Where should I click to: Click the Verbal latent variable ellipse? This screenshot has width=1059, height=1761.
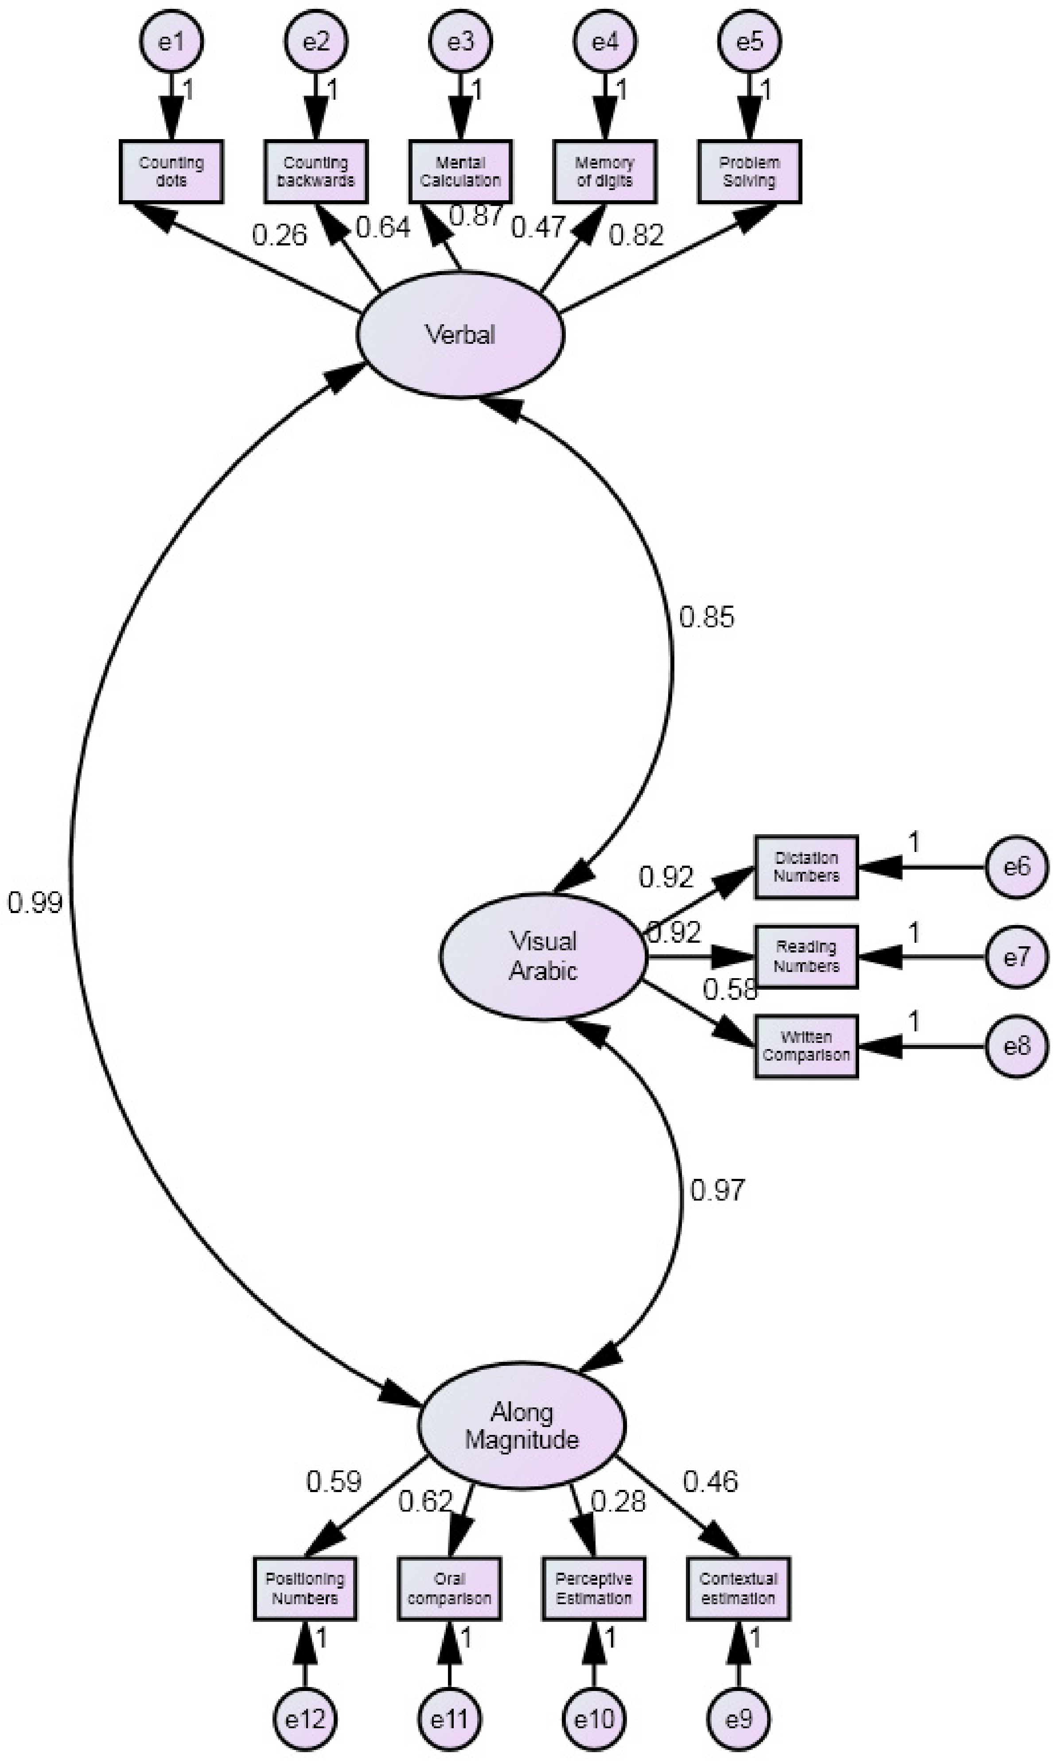(460, 334)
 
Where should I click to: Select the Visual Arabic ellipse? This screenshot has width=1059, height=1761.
(543, 956)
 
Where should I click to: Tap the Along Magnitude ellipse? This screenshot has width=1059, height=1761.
(522, 1426)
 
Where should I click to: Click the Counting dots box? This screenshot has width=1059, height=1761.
(171, 172)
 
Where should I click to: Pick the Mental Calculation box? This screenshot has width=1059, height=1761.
(460, 172)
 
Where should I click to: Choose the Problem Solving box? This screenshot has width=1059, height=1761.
(749, 172)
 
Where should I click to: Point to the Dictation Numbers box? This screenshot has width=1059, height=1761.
(806, 867)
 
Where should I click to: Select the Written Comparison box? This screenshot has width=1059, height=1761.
(806, 1046)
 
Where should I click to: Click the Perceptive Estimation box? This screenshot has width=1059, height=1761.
(594, 1588)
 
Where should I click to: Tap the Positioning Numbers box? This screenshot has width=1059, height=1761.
(305, 1588)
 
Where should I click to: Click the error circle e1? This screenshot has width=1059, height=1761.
(171, 41)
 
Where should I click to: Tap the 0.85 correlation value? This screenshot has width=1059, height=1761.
(706, 617)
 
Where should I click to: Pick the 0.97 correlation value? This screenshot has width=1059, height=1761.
(717, 1190)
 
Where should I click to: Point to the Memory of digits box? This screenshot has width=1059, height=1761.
(604, 172)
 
